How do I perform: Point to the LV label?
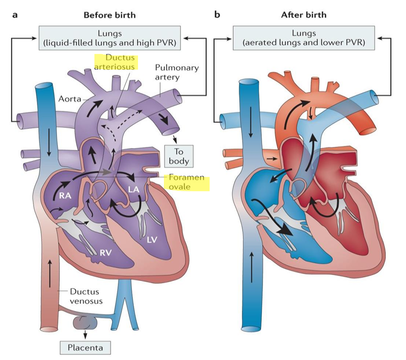point(152,238)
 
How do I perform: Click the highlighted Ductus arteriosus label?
point(116,62)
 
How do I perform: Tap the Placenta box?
point(83,347)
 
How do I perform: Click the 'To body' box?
point(179,156)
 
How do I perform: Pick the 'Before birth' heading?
point(109,15)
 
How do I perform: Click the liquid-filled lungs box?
point(109,38)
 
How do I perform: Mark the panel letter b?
point(217,14)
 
